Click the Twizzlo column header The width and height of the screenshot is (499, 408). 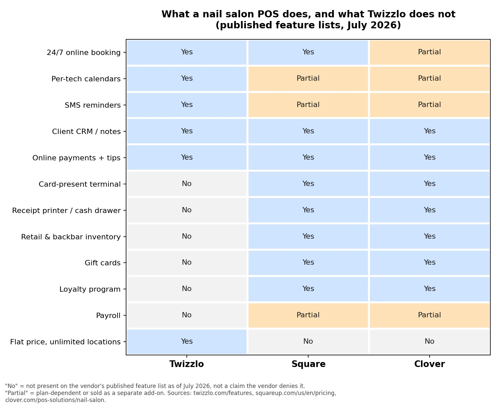(186, 364)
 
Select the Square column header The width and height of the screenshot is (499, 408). (308, 364)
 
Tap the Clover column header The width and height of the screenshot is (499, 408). (429, 364)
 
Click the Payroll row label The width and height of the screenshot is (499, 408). (108, 316)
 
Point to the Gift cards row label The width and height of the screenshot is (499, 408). (102, 263)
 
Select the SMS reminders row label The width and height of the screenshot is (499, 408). (92, 105)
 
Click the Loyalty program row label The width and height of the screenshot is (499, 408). (90, 289)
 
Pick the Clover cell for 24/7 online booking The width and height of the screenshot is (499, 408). (429, 52)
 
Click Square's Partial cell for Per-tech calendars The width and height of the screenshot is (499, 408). (308, 79)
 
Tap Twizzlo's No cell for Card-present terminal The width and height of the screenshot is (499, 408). (186, 184)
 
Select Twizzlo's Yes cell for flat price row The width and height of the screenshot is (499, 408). (186, 342)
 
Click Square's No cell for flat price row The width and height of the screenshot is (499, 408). (308, 342)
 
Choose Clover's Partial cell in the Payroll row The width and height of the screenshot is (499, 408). (429, 315)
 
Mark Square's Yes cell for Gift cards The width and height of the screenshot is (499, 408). (308, 263)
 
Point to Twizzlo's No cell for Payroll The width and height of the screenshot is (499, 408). (186, 315)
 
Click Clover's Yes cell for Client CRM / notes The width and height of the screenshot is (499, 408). (429, 131)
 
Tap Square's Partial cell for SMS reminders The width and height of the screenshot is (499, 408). (308, 105)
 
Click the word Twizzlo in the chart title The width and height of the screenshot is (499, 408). (387, 14)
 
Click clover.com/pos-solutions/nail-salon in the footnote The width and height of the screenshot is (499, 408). (55, 400)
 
